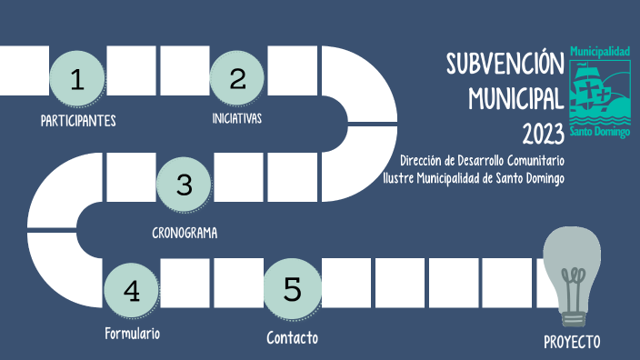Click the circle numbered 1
click(x=76, y=79)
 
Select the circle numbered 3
click(x=184, y=185)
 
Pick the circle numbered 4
click(x=132, y=291)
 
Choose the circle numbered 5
click(x=292, y=289)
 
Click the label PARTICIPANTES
click(x=78, y=120)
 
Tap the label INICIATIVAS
click(x=237, y=118)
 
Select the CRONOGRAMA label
click(x=185, y=232)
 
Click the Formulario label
click(x=132, y=334)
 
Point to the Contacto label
click(x=292, y=338)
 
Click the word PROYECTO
click(x=572, y=342)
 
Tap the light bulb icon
click(x=573, y=269)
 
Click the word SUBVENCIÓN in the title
click(x=499, y=64)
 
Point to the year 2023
click(x=543, y=134)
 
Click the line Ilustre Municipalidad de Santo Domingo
click(x=474, y=177)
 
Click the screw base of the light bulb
click(x=573, y=316)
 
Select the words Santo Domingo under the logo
click(x=599, y=132)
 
